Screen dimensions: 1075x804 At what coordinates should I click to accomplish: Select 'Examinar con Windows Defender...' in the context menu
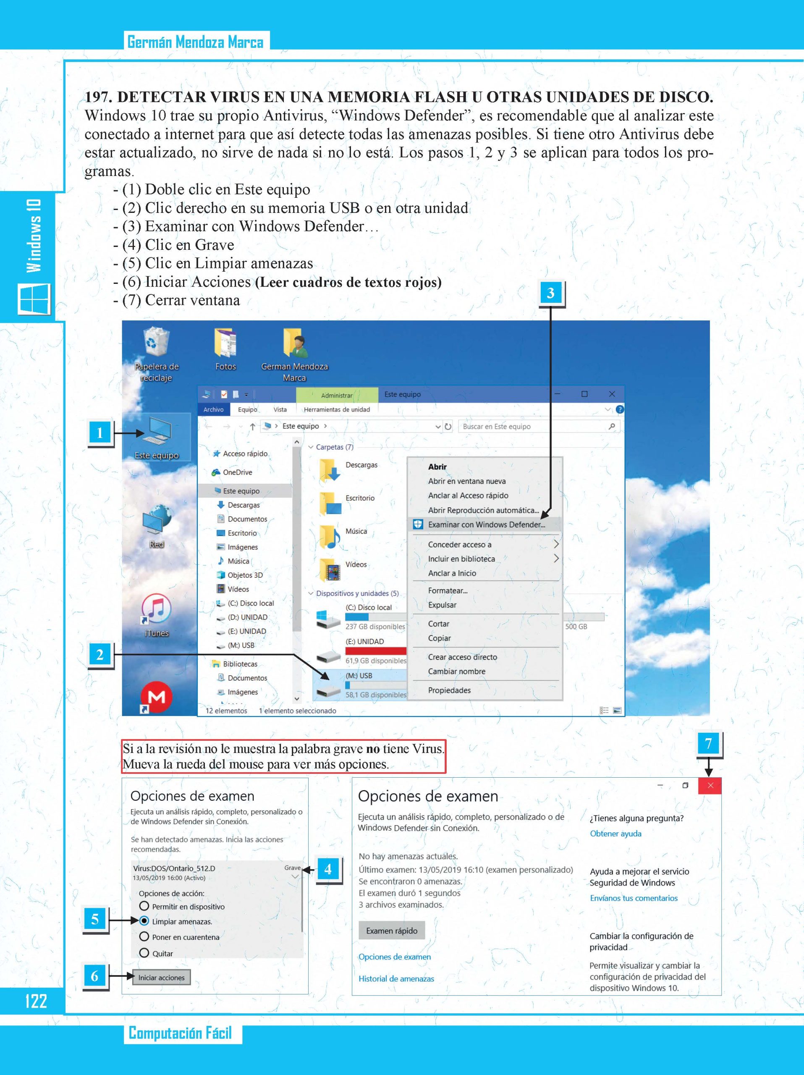486,524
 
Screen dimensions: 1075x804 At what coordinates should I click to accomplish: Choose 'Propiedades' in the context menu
449,690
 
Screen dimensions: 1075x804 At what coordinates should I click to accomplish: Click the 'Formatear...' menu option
448,590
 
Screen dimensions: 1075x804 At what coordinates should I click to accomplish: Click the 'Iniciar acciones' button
161,977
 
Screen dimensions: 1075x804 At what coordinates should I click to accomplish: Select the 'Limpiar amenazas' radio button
144,920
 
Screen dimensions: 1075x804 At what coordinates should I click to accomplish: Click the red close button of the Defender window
710,786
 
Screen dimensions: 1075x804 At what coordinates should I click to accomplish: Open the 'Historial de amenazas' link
396,979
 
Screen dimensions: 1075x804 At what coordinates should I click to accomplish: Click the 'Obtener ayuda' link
615,834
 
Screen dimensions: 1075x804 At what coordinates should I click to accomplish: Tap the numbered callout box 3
550,293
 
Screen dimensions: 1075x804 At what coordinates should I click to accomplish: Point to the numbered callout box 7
708,744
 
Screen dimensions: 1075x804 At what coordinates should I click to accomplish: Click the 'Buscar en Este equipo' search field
534,426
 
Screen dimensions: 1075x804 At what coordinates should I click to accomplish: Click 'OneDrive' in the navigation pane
237,472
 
